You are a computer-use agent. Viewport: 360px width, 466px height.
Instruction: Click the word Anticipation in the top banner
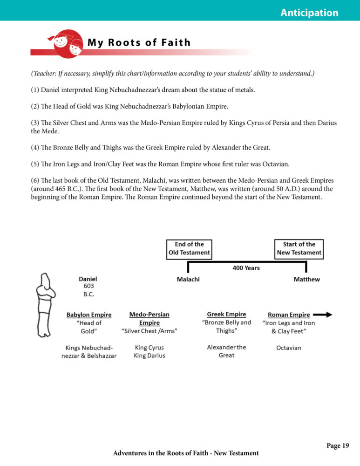point(309,13)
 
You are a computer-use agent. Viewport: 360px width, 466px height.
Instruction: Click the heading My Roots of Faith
point(139,43)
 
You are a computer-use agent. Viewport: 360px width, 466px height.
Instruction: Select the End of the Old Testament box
point(189,248)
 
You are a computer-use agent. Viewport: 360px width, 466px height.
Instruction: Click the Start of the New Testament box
point(299,248)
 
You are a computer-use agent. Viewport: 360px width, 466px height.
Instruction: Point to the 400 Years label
point(246,268)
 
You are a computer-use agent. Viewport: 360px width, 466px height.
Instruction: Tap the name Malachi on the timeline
point(188,280)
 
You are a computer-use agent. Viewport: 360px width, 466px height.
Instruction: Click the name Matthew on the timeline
point(306,280)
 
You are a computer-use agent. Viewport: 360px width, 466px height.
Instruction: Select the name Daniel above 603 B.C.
point(88,279)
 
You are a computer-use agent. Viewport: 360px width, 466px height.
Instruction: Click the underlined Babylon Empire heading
point(89,315)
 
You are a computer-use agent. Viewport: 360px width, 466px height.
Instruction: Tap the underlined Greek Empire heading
point(226,315)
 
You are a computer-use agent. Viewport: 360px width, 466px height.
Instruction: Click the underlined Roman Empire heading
point(289,315)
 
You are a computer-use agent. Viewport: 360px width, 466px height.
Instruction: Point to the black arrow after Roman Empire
point(322,315)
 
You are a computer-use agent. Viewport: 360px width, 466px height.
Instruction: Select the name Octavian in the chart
point(288,348)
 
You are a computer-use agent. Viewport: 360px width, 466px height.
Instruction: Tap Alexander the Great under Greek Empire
point(226,351)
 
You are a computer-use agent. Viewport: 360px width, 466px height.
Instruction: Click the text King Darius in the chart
point(149,356)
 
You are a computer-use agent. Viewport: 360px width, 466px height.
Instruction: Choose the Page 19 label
point(338,446)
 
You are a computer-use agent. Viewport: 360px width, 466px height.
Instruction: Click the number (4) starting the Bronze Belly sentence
point(36,148)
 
